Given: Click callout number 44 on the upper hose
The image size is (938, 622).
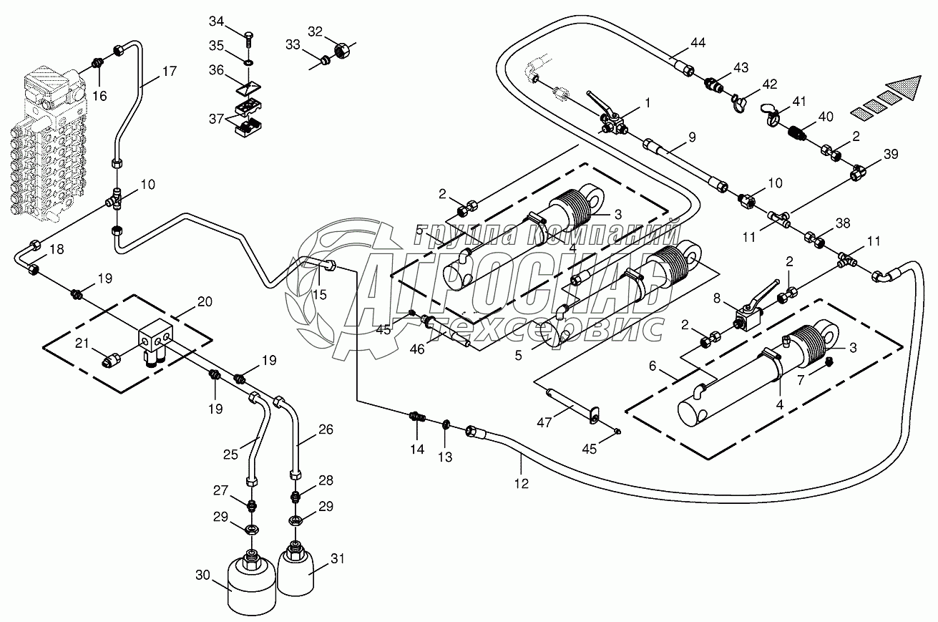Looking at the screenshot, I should point(698,44).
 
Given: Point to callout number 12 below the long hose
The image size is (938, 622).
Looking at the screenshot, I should point(521,484).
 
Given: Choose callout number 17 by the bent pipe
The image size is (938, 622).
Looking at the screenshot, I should point(170,71).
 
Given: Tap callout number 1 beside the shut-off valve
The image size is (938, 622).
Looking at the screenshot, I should point(648,103).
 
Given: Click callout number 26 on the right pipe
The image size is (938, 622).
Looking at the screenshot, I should point(326,429).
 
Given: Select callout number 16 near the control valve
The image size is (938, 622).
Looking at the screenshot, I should point(100,95).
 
